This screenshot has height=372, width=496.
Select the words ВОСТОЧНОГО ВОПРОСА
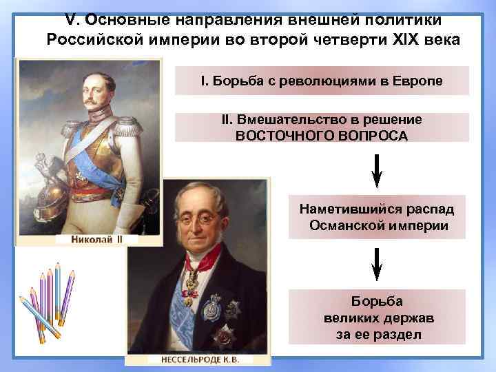(321, 135)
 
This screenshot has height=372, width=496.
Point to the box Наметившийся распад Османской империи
(377, 217)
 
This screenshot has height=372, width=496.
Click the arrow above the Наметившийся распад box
(377, 170)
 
